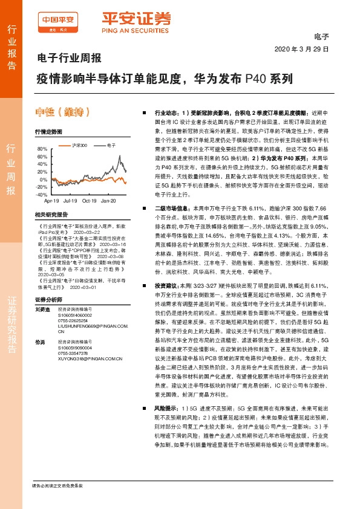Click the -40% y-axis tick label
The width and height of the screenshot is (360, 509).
[x=41, y=195]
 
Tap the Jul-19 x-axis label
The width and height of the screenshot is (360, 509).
[x=70, y=200]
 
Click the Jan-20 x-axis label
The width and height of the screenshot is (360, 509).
[x=109, y=200]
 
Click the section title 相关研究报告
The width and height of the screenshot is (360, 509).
[x=49, y=215]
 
